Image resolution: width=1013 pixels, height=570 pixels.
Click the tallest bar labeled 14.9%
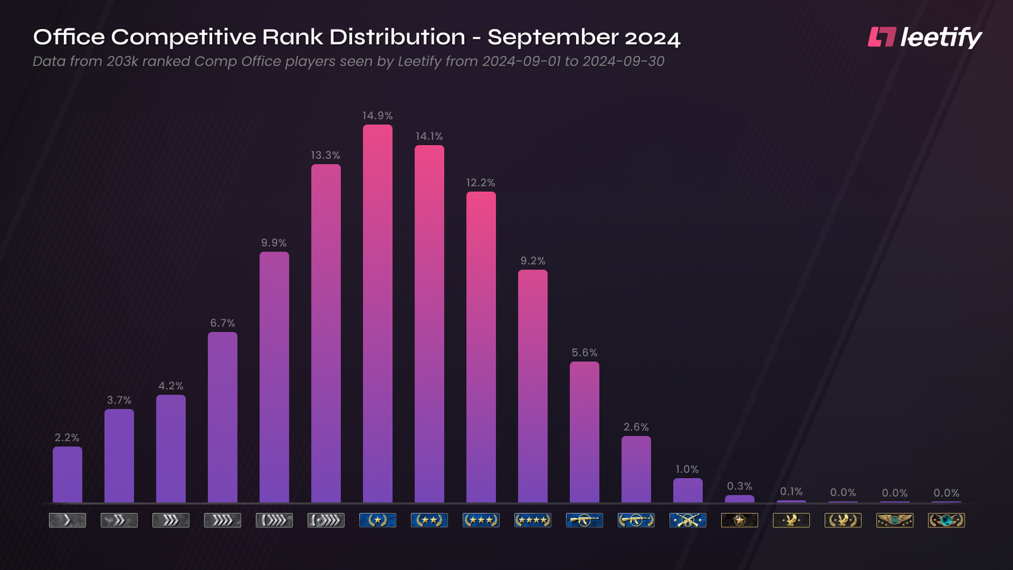click(x=377, y=313)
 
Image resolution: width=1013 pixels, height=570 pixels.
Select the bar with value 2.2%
click(x=67, y=475)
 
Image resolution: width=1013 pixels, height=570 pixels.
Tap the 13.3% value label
click(x=325, y=155)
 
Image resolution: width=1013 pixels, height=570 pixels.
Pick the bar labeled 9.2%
click(x=532, y=386)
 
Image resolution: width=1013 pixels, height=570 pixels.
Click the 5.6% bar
click(x=584, y=432)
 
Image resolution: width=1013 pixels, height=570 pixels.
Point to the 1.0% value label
click(x=687, y=469)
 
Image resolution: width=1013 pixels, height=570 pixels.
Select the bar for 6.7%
click(x=222, y=417)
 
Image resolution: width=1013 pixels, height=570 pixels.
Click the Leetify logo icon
click(x=881, y=37)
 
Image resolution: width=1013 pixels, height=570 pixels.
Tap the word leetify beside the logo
click(x=941, y=37)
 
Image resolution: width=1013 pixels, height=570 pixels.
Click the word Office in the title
click(x=69, y=37)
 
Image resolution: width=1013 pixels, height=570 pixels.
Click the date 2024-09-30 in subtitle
click(x=623, y=61)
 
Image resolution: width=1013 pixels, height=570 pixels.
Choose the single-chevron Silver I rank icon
click(x=67, y=521)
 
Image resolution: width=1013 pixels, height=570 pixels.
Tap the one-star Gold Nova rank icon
click(x=377, y=521)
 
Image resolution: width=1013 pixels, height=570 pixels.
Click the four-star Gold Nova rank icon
click(x=532, y=521)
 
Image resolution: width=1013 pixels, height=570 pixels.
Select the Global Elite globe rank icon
click(x=946, y=521)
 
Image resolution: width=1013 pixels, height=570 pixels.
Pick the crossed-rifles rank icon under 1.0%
click(x=688, y=521)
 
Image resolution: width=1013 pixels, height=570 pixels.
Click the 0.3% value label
click(x=739, y=486)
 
